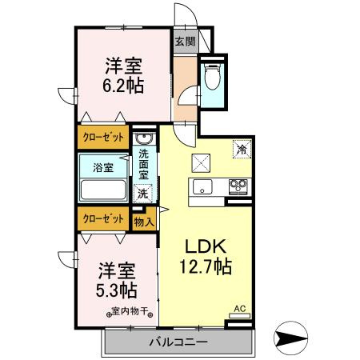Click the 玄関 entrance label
(184, 42)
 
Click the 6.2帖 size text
(122, 85)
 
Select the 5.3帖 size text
(117, 290)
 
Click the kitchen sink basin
(200, 188)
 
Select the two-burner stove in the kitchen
(238, 188)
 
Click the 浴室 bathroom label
(102, 168)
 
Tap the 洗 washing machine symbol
(142, 193)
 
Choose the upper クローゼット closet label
(102, 138)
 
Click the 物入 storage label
(144, 222)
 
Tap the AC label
(238, 307)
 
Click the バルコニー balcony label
(178, 342)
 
